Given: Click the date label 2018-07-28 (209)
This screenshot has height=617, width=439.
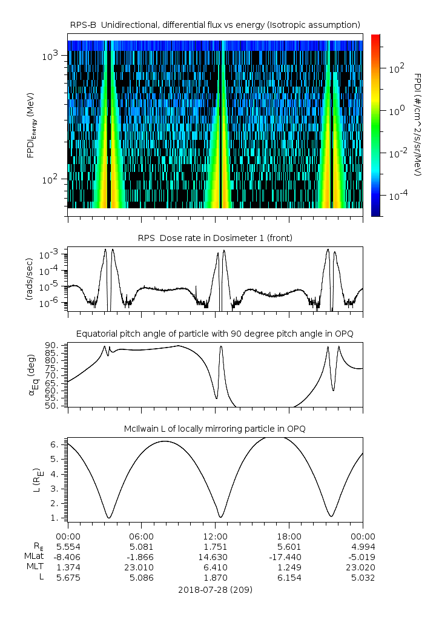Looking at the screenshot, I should tap(215, 589).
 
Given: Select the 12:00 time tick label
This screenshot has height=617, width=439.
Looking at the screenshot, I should tap(215, 536).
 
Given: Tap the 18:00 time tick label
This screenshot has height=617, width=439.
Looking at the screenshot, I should tap(289, 536).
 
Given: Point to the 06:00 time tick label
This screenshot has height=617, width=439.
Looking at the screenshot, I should tap(141, 536).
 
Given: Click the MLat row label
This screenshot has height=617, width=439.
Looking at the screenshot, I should tap(32, 556).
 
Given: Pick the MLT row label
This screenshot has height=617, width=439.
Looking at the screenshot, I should tap(32, 567).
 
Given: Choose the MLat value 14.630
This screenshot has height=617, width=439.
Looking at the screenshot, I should tap(215, 556).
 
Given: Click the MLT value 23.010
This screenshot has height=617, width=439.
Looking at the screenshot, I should tap(141, 567).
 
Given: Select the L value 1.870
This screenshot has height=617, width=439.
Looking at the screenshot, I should tap(215, 578).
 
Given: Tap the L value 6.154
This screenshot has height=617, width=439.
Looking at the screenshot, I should tap(289, 578).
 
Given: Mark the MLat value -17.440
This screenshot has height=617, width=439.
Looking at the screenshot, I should tap(289, 556).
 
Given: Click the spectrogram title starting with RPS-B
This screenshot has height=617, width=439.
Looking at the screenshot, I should tap(215, 24).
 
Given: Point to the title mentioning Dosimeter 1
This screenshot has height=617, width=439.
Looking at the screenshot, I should tap(215, 238).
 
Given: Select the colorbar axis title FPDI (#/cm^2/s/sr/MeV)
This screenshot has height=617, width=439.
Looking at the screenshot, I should tap(418, 125).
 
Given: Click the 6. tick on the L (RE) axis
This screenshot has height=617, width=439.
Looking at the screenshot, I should tap(57, 444).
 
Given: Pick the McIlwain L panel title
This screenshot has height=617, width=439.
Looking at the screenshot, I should tap(215, 429).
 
